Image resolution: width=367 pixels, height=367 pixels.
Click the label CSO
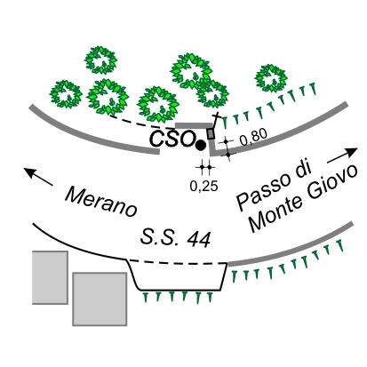pyautogui.click(x=172, y=139)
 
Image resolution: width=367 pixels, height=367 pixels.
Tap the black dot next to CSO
pyautogui.click(x=201, y=145)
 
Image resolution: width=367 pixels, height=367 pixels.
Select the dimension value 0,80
pyautogui.click(x=253, y=137)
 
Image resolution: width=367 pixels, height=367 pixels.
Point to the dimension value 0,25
pyautogui.click(x=204, y=186)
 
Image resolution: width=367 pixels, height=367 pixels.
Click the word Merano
pyautogui.click(x=100, y=202)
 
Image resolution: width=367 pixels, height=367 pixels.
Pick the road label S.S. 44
pyautogui.click(x=176, y=238)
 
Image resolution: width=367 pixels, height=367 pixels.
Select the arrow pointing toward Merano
pyautogui.click(x=38, y=176)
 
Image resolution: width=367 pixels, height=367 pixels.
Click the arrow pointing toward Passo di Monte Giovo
pyautogui.click(x=342, y=156)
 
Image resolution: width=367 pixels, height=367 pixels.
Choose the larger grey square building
pyautogui.click(x=100, y=299)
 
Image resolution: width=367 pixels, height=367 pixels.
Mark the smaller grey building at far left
pyautogui.click(x=50, y=277)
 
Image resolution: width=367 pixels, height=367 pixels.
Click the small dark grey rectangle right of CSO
pyautogui.click(x=211, y=133)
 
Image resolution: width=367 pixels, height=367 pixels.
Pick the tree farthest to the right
pyautogui.click(x=271, y=78)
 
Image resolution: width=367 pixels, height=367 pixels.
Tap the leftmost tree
pyautogui.click(x=66, y=94)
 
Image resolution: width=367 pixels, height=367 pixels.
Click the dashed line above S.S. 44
pyautogui.click(x=178, y=262)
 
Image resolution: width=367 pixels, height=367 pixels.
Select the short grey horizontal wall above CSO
pyautogui.click(x=194, y=125)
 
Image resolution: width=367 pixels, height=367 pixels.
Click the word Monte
pyautogui.click(x=276, y=215)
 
